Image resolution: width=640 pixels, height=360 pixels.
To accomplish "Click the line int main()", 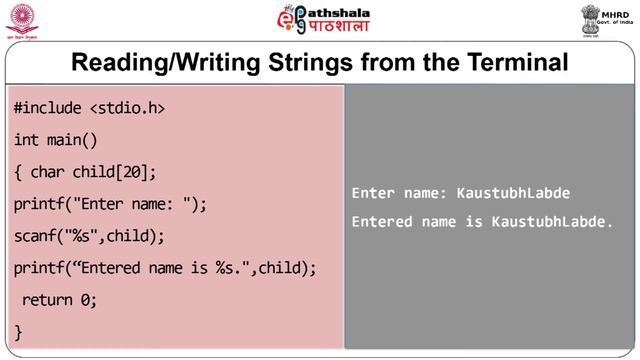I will coord(56,139).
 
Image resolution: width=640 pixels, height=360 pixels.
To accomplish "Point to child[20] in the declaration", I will coord(115,171).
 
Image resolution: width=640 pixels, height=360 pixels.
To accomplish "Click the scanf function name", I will coord(35,236).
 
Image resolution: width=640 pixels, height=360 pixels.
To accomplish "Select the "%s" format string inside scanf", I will coord(85,236).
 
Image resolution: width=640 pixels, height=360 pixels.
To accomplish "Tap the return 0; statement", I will coord(59,299).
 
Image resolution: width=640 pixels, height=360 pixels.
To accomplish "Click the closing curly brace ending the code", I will coord(19,330).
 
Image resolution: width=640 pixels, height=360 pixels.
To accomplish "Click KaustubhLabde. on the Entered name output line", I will coord(552,221).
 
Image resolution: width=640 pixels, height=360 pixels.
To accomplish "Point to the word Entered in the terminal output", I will coord(381,221).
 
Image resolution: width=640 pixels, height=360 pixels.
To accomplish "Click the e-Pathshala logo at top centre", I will coord(319,20).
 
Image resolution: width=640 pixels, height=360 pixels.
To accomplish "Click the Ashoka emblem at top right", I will coord(589,19).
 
